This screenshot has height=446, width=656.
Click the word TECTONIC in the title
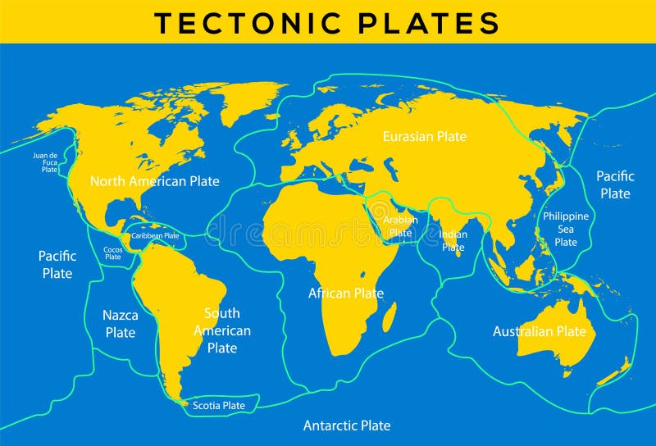[245, 22]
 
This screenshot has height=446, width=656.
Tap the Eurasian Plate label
[424, 136]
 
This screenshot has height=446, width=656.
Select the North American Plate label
[155, 181]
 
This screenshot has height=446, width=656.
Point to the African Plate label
[346, 293]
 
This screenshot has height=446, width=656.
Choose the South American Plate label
[222, 330]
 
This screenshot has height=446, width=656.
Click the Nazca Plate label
[120, 323]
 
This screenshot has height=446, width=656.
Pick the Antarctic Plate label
[347, 426]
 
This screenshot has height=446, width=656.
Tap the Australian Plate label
[540, 331]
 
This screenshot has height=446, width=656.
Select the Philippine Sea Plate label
[566, 229]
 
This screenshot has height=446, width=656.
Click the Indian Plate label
[453, 240]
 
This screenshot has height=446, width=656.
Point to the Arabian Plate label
[401, 226]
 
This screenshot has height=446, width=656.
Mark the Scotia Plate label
[219, 405]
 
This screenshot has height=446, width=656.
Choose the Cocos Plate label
[112, 253]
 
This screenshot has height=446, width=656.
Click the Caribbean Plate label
[156, 235]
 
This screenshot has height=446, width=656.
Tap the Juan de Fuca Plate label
[45, 162]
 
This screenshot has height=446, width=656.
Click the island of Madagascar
[389, 317]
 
